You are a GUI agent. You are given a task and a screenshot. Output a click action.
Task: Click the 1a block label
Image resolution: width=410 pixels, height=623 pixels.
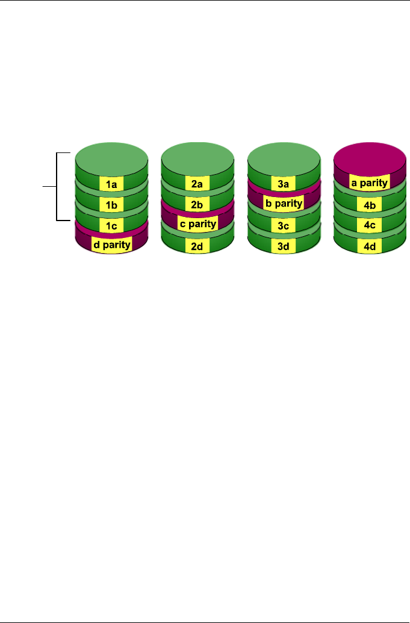point(112,185)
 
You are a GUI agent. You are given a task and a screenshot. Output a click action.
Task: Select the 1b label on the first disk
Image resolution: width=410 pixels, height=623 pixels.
point(112,205)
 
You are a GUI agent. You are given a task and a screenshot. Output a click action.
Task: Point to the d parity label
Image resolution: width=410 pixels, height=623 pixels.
point(111,245)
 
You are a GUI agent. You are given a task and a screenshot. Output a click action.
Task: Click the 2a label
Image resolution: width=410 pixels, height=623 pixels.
point(197,185)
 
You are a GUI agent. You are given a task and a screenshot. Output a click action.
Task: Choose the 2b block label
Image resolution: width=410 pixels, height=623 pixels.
point(197,205)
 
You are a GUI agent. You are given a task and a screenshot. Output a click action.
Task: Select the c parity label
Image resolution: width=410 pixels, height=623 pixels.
point(197,225)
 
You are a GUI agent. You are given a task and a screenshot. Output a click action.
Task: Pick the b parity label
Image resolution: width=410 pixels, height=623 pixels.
point(283,204)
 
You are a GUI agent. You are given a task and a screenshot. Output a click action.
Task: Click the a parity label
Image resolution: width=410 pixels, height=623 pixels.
point(369,181)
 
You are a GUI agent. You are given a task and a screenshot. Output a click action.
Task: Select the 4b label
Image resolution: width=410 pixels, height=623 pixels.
point(369,205)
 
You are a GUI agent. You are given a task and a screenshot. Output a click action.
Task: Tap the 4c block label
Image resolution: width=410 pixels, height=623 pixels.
point(369,225)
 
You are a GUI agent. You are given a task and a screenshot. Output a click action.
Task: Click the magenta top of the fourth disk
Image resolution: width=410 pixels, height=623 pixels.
point(369,158)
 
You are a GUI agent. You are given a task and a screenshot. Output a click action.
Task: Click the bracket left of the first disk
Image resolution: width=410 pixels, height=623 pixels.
point(57,187)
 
